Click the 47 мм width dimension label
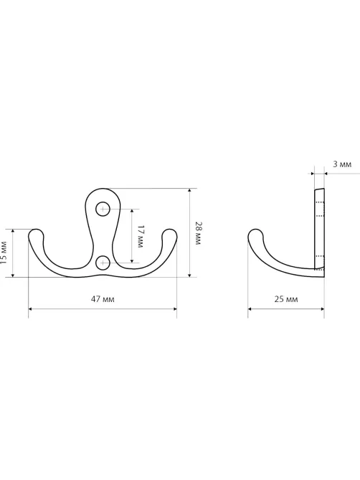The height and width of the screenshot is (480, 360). (x=103, y=298)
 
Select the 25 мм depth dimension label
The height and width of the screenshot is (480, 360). (x=285, y=298)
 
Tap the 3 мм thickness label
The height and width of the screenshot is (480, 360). (x=342, y=164)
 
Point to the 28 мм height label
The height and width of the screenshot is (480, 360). (x=198, y=232)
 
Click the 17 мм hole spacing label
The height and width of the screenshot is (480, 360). (x=140, y=236)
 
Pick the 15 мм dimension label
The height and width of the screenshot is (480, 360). (x=3, y=253)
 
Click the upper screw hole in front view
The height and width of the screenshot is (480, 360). (x=103, y=210)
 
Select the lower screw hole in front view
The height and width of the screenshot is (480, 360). (x=103, y=263)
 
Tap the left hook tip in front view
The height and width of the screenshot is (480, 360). (x=36, y=234)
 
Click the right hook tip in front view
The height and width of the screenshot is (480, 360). (x=169, y=234)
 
